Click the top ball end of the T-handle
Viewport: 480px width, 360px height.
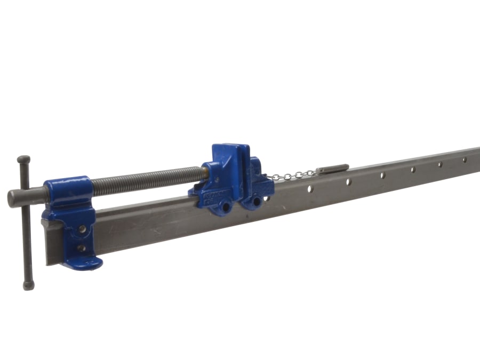(x=23, y=159)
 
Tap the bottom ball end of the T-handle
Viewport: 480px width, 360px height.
(x=29, y=285)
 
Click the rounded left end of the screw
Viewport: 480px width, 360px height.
(x=12, y=198)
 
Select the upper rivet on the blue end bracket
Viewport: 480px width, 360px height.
(x=82, y=229)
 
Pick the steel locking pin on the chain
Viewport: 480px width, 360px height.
(x=332, y=169)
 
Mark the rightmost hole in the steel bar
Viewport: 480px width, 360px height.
(x=464, y=159)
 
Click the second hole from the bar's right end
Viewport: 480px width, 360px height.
(x=439, y=164)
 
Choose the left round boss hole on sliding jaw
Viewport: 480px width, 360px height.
(x=226, y=205)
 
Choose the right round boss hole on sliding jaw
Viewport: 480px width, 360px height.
(x=258, y=201)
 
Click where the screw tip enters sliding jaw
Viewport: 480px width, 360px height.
(x=205, y=171)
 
